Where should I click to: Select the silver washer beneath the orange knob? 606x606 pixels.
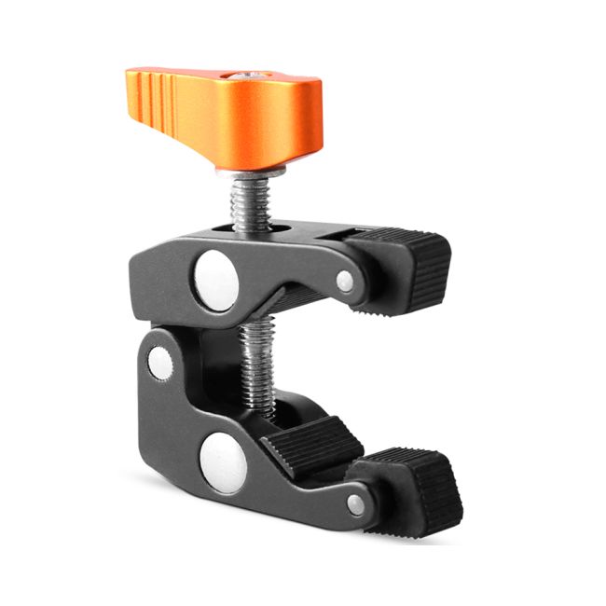tap(250, 172)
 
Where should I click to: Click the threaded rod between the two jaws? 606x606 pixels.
tap(256, 364)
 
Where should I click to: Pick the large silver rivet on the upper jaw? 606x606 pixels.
tap(216, 278)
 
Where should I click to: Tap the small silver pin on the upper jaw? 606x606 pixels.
tap(345, 281)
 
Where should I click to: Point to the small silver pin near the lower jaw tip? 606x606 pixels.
tap(355, 505)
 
